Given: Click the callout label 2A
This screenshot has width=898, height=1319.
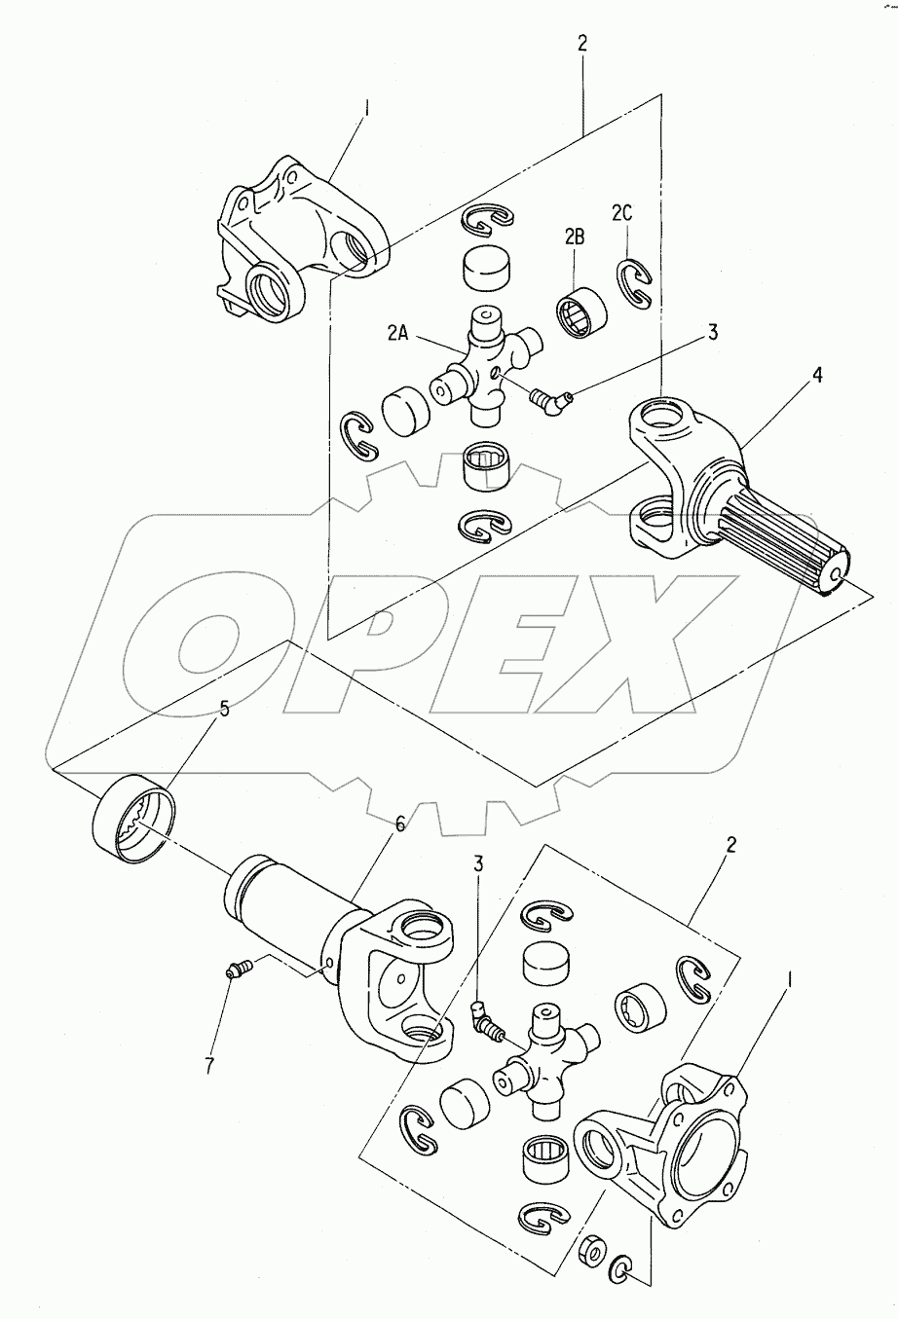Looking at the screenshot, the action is (397, 333).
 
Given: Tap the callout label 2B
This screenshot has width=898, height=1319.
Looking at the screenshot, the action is (575, 237).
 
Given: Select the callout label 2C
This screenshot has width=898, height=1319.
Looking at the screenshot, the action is (621, 213).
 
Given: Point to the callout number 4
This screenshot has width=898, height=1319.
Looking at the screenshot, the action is (817, 375).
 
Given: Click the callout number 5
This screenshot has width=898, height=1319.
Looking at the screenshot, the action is (224, 709).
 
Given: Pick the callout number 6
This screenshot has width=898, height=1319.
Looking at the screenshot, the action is (400, 824).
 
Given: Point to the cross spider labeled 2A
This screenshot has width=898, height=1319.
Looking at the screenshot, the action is (486, 366).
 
